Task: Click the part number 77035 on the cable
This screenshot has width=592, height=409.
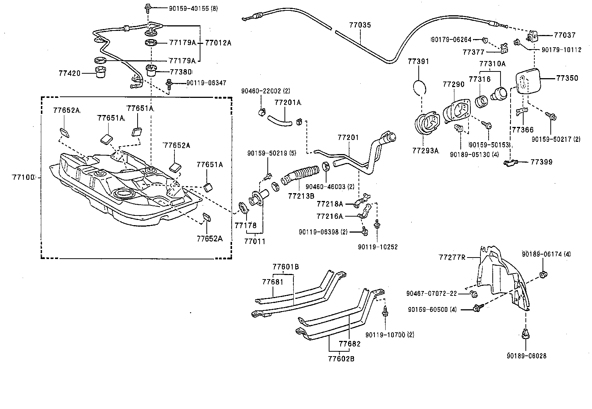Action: pos(360,25)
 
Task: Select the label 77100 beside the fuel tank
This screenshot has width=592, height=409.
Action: pos(24,177)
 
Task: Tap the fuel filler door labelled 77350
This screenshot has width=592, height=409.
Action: pos(526,81)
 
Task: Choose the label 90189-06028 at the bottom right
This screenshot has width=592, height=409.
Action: pos(526,356)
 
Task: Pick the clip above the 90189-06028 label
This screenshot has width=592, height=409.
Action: pos(526,334)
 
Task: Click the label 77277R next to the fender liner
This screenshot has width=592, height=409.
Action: pos(452,257)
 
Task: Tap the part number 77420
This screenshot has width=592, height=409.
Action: pos(69,73)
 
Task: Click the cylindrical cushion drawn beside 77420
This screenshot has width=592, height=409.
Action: pos(99,72)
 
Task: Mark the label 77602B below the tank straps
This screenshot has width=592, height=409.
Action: pos(341,359)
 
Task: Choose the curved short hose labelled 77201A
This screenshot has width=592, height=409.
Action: pos(279,119)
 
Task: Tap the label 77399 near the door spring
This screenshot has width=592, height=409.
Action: pos(541,162)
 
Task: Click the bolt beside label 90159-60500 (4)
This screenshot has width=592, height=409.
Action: pos(477,307)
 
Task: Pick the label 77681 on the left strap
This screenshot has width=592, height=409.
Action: pos(273,282)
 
